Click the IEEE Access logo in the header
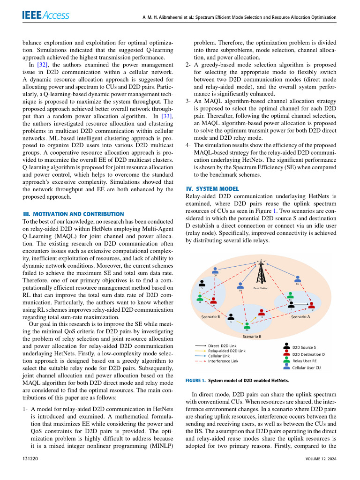click(x=46, y=15)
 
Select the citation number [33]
click(x=167, y=116)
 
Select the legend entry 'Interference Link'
click(x=223, y=361)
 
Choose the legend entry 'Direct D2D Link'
click(x=222, y=345)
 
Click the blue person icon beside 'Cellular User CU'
click(x=286, y=368)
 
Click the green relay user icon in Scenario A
click(x=291, y=296)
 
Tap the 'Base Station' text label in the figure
click(x=261, y=288)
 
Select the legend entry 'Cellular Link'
click(x=219, y=356)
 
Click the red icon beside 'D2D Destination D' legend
click(x=286, y=354)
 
